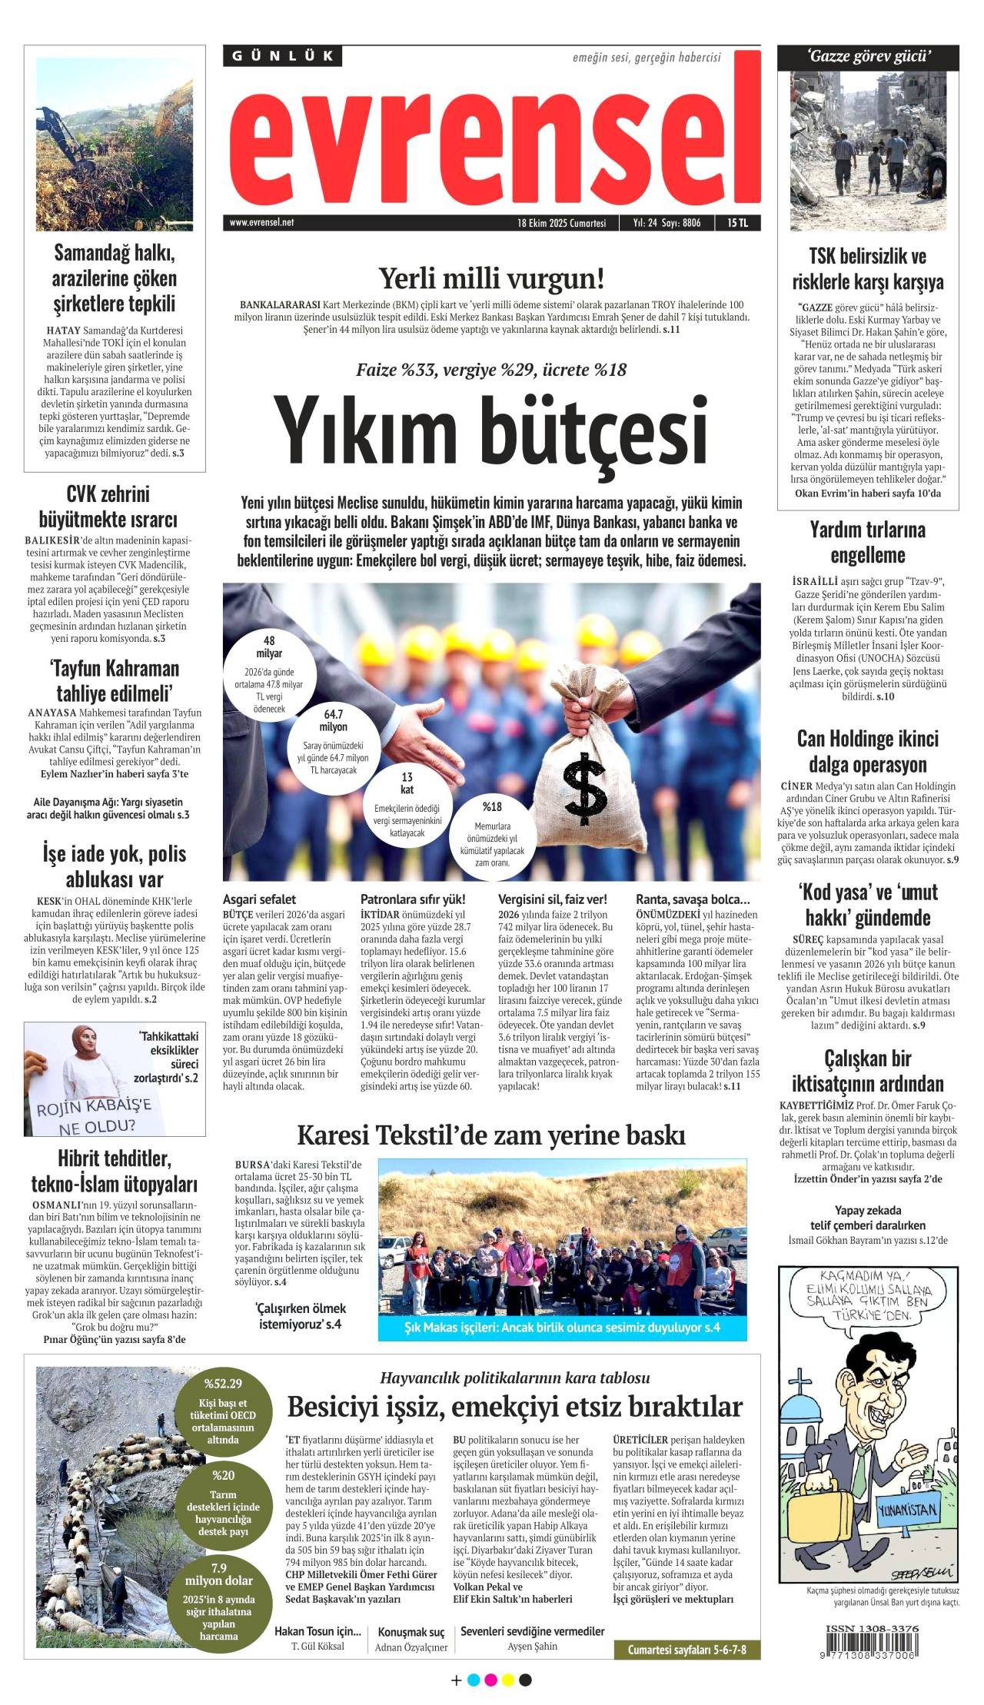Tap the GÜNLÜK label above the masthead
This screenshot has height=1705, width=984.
click(x=283, y=56)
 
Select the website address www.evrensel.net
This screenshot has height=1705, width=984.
click(x=261, y=223)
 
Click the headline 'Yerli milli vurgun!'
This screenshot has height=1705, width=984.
click(x=491, y=278)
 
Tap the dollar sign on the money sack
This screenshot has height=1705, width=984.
click(x=585, y=788)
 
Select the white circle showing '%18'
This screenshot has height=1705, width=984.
click(x=492, y=836)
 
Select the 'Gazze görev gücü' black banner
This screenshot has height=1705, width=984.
click(x=869, y=56)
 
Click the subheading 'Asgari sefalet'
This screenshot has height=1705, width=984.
click(x=259, y=899)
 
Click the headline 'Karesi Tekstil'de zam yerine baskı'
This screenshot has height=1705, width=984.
click(x=491, y=1135)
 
